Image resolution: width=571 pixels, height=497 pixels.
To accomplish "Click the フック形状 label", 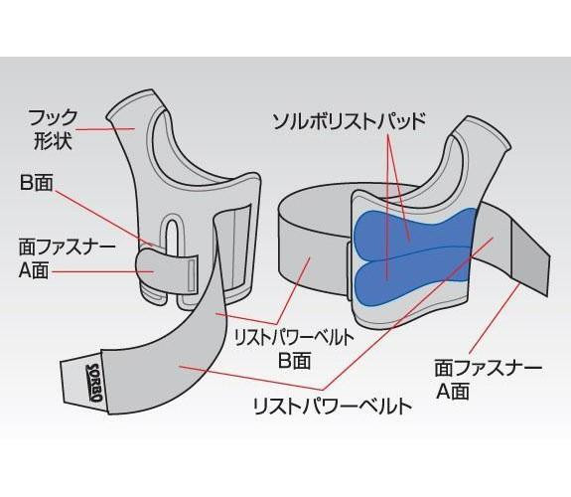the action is [53, 129].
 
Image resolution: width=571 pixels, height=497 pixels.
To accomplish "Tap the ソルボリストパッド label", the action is [350, 122].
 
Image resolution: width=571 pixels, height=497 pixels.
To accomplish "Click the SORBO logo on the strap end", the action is [93, 382].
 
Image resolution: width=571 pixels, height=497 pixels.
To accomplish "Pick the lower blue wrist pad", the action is [411, 277].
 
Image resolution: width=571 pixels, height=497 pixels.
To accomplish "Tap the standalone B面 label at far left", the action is [37, 182].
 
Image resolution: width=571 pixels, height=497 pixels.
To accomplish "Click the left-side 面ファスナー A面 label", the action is [66, 258].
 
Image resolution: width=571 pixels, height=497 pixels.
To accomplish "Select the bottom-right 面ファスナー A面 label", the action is [488, 380].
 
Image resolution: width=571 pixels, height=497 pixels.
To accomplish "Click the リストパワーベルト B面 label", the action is [294, 349].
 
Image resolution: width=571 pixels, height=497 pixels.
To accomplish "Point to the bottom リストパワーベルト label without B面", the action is [333, 406].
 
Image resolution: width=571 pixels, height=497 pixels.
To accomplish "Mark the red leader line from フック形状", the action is [105, 128].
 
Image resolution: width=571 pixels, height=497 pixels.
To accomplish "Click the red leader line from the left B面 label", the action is [105, 217].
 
